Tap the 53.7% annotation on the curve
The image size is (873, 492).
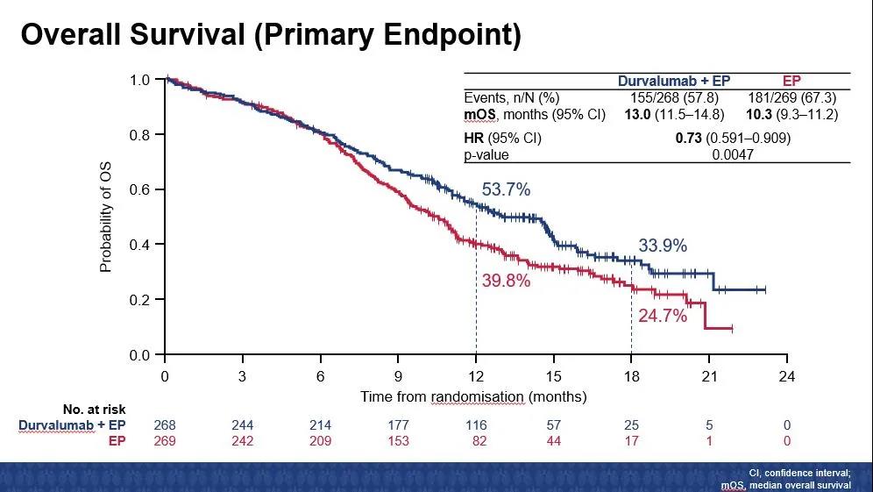point(506,189)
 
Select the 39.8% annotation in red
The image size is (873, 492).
point(506,281)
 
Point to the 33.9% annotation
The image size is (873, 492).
point(663,246)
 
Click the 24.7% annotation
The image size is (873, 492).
point(662,316)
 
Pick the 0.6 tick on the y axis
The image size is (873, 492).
point(140,189)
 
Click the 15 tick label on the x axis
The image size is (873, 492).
point(553,377)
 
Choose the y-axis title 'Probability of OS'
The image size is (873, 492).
point(106,217)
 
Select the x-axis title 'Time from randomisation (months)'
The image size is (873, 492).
point(473,396)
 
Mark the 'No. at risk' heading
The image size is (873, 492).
point(95,410)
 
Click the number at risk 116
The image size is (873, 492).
point(476,425)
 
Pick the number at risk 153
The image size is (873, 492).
point(398,440)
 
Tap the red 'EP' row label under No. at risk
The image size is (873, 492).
point(117,440)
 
